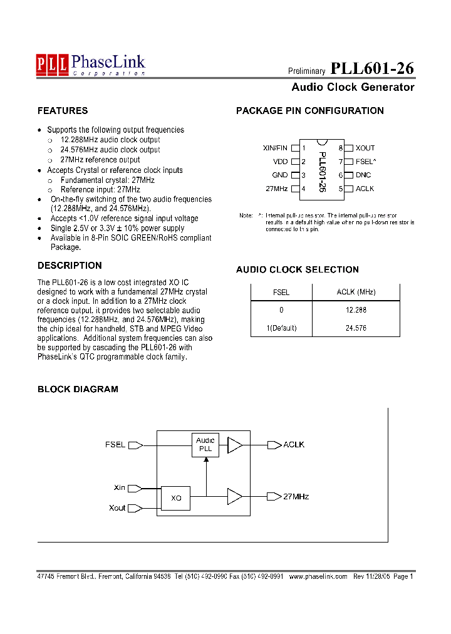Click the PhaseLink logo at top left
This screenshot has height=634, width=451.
[91, 64]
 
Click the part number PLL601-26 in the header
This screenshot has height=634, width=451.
[371, 68]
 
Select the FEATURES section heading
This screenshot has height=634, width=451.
[63, 111]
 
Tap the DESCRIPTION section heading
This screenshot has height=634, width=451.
[70, 266]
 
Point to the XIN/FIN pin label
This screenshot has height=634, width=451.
[275, 148]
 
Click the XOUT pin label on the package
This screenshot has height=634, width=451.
[365, 148]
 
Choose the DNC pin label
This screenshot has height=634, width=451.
[363, 175]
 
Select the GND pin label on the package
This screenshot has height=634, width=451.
[279, 175]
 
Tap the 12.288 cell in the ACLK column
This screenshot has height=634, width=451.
[356, 310]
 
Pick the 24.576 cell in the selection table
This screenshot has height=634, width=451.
[356, 328]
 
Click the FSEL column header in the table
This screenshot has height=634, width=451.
[281, 292]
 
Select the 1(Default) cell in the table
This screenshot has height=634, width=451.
[281, 328]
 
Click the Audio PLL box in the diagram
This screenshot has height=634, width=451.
[205, 445]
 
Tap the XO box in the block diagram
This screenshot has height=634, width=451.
[177, 498]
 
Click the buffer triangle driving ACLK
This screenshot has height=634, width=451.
[234, 445]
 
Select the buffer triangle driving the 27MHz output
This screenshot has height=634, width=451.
[234, 497]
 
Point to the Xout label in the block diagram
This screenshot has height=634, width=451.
[117, 508]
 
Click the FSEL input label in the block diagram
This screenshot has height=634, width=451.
[115, 445]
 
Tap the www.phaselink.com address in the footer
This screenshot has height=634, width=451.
[318, 576]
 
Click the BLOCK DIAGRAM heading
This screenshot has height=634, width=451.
[78, 389]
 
